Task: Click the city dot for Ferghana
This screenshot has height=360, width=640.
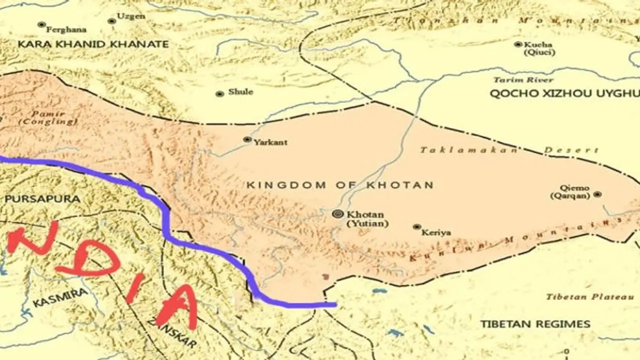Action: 41,24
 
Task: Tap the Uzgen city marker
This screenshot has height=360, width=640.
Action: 111,21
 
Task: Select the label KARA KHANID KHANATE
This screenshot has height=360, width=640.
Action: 93,44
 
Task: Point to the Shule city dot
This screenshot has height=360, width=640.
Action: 219,94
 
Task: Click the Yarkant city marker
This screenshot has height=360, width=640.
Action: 247,139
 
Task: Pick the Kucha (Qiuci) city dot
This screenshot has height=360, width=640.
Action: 518,44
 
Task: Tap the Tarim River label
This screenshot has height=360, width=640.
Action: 523,80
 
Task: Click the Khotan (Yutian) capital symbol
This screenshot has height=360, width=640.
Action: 338,214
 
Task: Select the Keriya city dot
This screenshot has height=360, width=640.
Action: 416,227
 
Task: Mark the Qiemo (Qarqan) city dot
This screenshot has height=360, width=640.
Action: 597,194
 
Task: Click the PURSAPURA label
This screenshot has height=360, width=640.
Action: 42,198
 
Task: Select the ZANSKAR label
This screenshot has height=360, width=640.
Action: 172,332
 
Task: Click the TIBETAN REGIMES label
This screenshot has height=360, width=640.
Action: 535,324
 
